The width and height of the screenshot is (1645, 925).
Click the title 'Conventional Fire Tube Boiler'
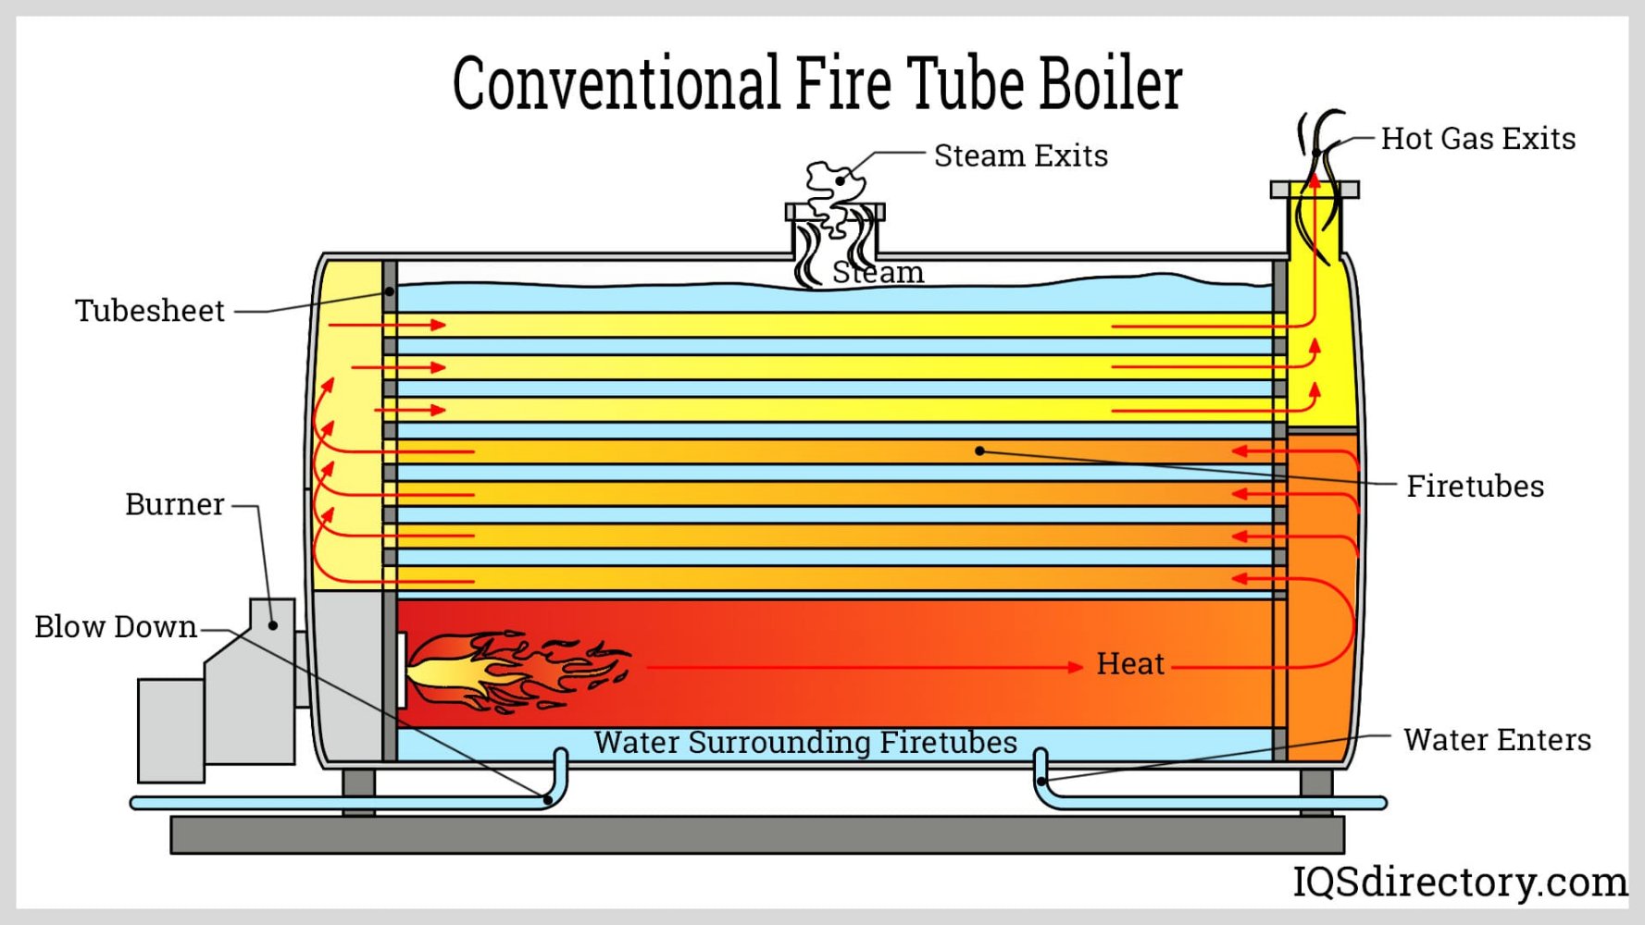click(816, 83)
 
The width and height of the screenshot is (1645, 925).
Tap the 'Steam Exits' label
click(1020, 155)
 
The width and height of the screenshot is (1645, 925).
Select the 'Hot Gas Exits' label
click(1477, 139)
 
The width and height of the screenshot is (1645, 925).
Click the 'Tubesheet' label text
click(150, 311)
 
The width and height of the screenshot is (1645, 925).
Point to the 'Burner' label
click(175, 504)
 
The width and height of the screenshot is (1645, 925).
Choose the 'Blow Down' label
click(116, 627)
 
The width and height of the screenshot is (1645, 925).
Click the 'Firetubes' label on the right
click(1475, 486)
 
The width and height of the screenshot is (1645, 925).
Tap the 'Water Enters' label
click(1497, 740)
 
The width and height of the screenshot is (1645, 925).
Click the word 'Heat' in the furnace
click(1130, 663)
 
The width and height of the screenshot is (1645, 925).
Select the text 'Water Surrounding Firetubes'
click(805, 742)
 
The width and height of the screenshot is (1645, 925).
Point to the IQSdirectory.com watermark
click(1459, 882)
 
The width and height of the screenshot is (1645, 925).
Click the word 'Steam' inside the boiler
click(878, 273)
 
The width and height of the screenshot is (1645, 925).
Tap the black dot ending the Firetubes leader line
click(979, 451)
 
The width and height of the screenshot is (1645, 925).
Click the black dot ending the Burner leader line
click(273, 625)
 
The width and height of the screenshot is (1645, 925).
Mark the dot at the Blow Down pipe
click(547, 799)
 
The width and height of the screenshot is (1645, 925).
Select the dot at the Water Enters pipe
click(1041, 782)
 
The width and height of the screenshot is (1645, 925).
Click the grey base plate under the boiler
click(756, 834)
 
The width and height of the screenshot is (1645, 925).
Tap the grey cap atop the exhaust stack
click(1315, 190)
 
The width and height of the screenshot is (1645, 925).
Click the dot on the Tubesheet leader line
click(390, 291)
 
